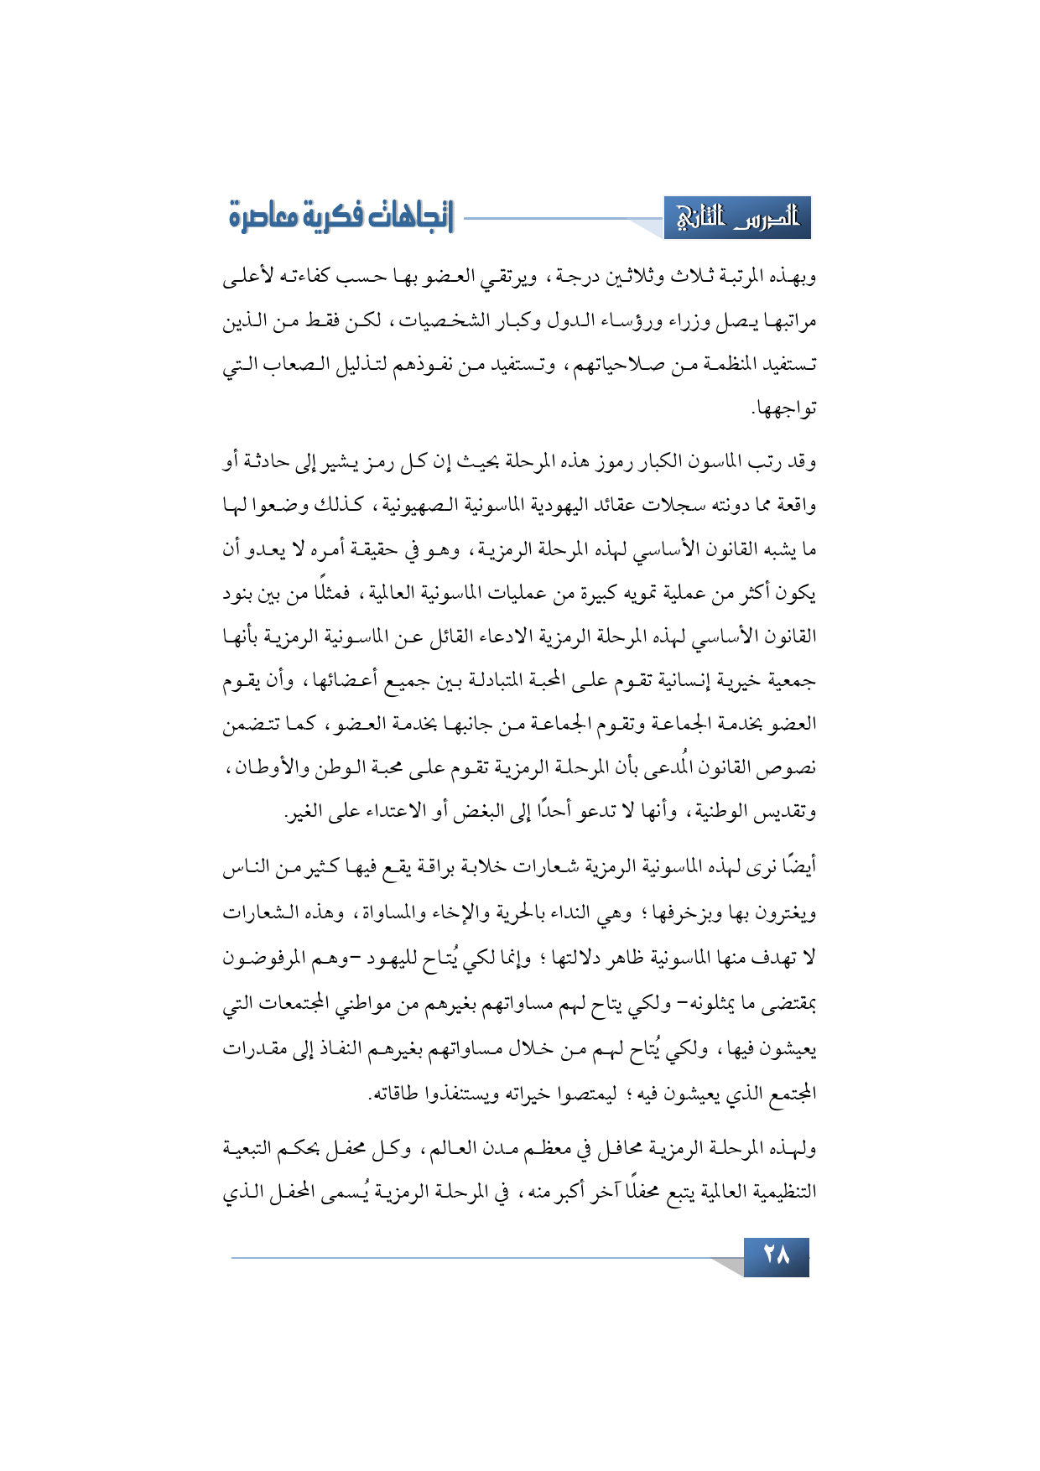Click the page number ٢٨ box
[776, 1256]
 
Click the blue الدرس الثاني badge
[737, 218]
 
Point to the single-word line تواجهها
[785, 409]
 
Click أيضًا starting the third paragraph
[798, 867]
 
